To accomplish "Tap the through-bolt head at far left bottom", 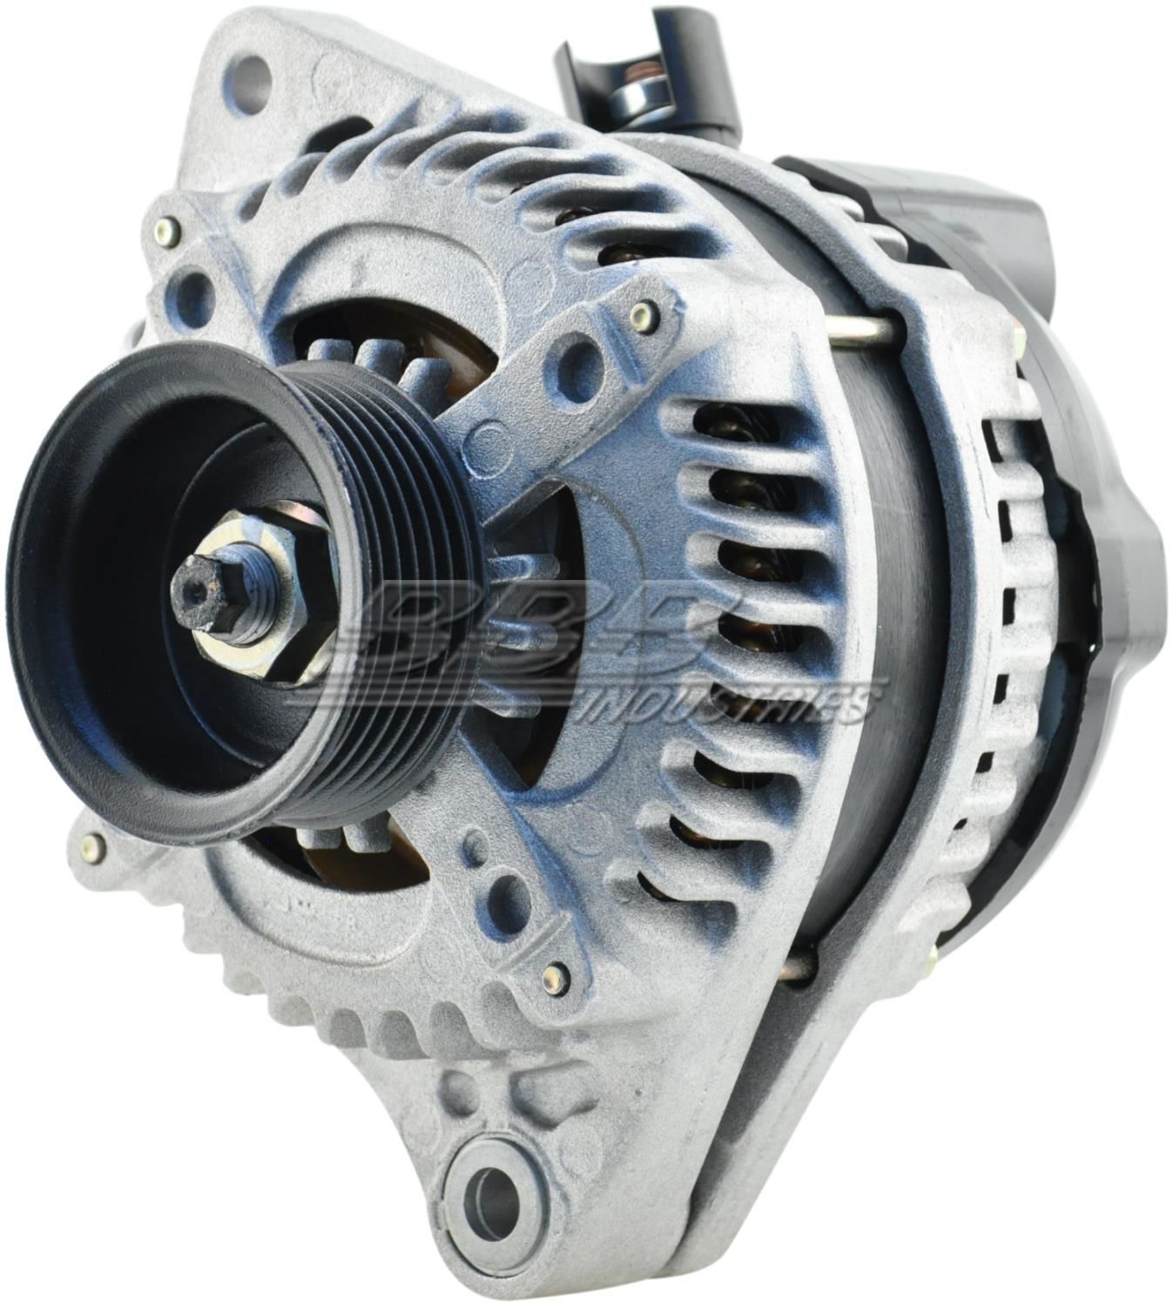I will click(x=91, y=843).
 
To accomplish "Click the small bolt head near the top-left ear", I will click(x=164, y=232).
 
